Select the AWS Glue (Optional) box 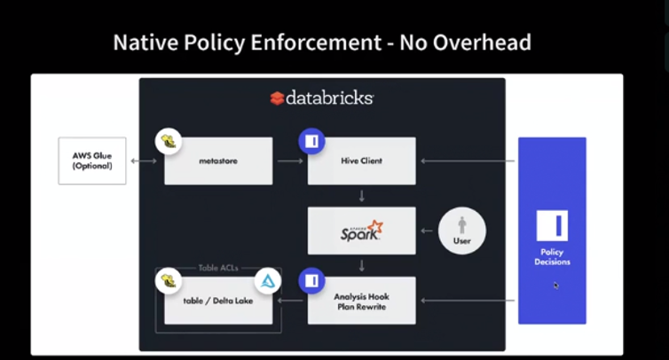[92, 160]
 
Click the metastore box [218, 161]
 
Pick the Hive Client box [361, 161]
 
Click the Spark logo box [361, 231]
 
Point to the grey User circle [461, 231]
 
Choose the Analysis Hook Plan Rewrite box [361, 301]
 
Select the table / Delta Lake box [218, 301]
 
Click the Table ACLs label [218, 267]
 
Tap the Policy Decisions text [552, 257]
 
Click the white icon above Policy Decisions [552, 226]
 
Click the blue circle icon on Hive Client [311, 141]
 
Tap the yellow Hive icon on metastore [168, 141]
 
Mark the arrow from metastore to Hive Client [289, 161]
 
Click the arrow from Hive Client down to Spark [361, 195]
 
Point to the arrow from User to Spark [428, 231]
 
